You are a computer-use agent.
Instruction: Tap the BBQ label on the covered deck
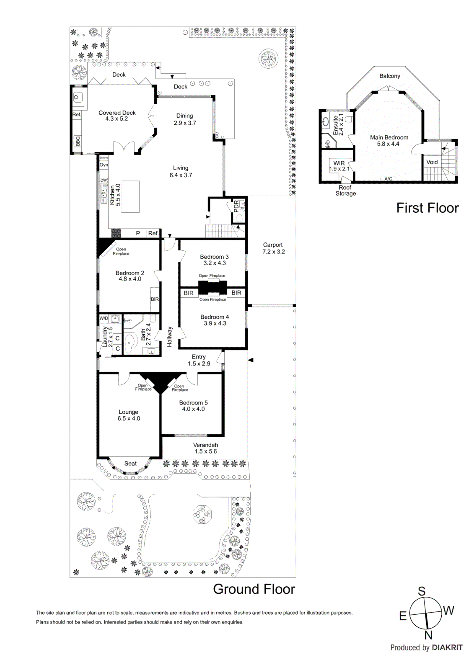pyautogui.click(x=78, y=141)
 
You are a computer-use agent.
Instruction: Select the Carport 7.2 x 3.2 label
pyautogui.click(x=273, y=248)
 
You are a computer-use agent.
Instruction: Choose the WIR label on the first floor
pyautogui.click(x=339, y=163)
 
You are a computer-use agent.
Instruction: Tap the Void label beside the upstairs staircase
pyautogui.click(x=432, y=162)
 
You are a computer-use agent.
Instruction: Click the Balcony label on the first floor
pyautogui.click(x=389, y=76)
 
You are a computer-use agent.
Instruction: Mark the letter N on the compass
pyautogui.click(x=428, y=635)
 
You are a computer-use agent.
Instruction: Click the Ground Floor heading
pyautogui.click(x=254, y=589)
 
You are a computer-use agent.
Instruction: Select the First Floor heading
pyautogui.click(x=427, y=208)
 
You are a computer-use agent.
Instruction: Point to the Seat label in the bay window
pyautogui.click(x=130, y=464)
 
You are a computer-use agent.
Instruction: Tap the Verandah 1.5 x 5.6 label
pyautogui.click(x=205, y=448)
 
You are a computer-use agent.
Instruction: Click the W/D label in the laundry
pyautogui.click(x=104, y=318)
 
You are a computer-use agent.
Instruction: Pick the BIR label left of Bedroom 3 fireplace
pyautogui.click(x=189, y=293)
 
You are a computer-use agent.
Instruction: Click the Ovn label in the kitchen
pyautogui.click(x=104, y=165)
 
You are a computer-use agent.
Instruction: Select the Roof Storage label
pyautogui.click(x=345, y=191)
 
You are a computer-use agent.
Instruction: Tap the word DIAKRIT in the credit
pyautogui.click(x=447, y=647)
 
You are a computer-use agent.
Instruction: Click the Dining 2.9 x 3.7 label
pyautogui.click(x=185, y=119)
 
